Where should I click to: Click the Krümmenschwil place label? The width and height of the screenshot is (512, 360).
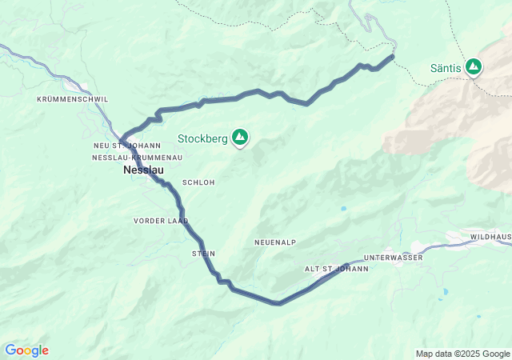click(x=72, y=99)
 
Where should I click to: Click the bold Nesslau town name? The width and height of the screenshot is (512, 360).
click(x=145, y=171)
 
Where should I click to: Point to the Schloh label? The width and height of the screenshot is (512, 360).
click(x=198, y=182)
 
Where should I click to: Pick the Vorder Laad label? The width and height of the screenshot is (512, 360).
click(x=161, y=220)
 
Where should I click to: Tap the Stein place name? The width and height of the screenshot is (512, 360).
click(x=203, y=254)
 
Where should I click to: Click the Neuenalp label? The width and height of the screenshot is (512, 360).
click(x=275, y=242)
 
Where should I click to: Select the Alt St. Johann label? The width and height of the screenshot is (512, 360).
click(x=336, y=269)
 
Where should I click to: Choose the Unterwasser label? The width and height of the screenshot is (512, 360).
click(x=393, y=258)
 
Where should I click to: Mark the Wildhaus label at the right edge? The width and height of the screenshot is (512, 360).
click(x=490, y=238)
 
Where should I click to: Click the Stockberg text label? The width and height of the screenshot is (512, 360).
click(x=202, y=138)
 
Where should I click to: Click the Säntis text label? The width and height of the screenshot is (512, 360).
click(x=446, y=68)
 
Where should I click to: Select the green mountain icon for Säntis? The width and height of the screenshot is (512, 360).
click(x=474, y=67)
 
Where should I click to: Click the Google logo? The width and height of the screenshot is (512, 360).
click(x=26, y=350)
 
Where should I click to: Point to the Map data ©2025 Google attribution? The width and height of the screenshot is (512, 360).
click(x=462, y=354)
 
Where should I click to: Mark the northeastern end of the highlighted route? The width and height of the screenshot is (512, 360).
click(x=393, y=56)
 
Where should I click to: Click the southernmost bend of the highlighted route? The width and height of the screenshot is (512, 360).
click(x=278, y=303)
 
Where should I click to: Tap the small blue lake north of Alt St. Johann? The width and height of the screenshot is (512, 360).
click(x=342, y=209)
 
